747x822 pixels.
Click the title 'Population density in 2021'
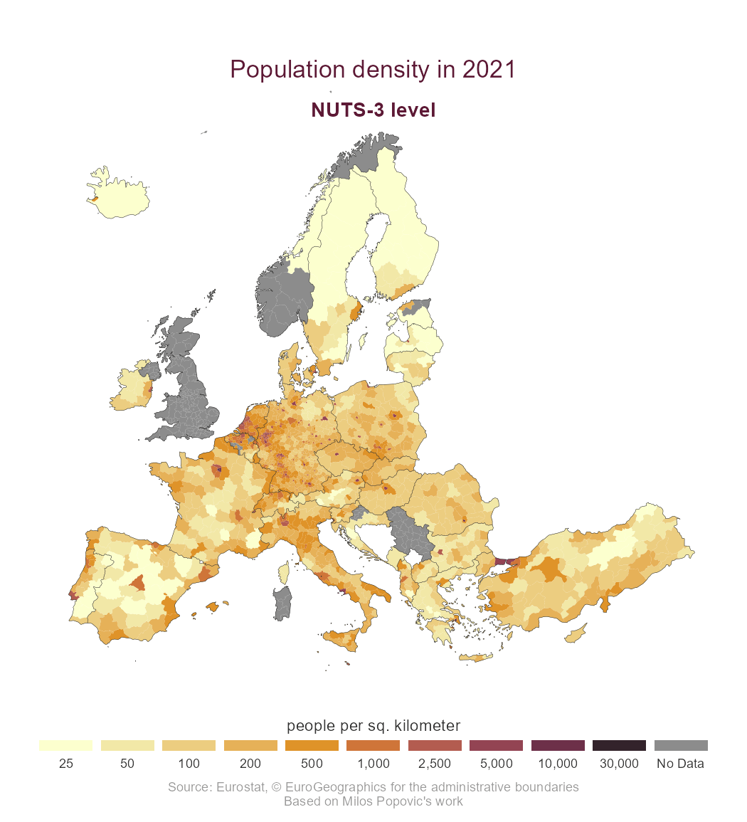point(373,70)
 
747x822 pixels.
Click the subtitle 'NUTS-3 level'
point(373,110)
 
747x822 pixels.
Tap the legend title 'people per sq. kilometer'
point(373,726)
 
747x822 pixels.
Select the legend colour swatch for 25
point(65,745)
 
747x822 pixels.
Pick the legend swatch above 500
point(312,745)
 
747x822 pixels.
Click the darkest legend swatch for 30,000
point(619,745)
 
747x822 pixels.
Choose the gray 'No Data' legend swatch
point(681,745)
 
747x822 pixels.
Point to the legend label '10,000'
point(558,764)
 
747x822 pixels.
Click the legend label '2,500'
point(435,764)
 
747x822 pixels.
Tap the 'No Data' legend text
point(681,764)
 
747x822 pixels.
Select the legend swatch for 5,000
point(496,745)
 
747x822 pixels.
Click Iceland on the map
point(120,194)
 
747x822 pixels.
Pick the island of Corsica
point(285,572)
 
